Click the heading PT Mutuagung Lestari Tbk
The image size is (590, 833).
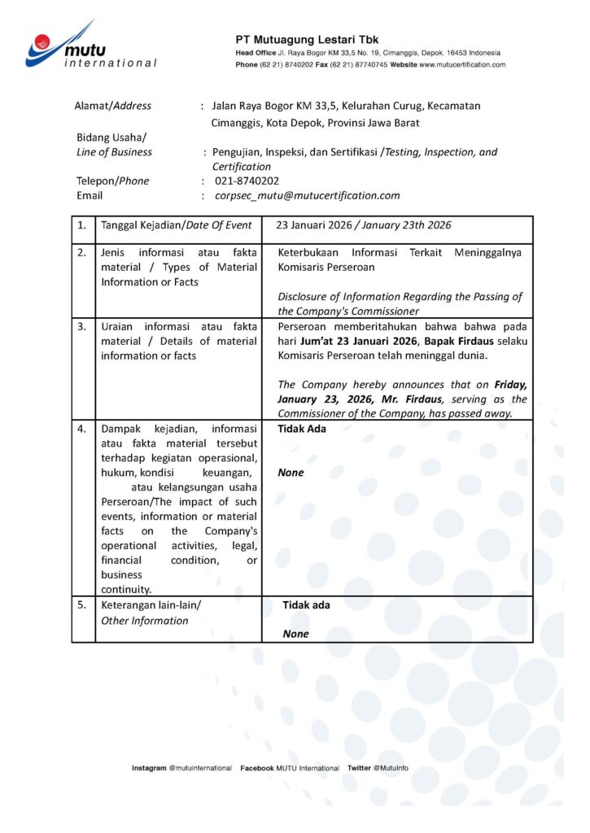pyautogui.click(x=307, y=39)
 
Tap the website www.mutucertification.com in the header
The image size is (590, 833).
pyautogui.click(x=462, y=64)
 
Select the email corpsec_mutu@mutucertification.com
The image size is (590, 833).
pyautogui.click(x=308, y=195)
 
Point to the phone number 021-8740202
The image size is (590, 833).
pyautogui.click(x=247, y=181)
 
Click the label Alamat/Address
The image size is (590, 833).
pyautogui.click(x=113, y=106)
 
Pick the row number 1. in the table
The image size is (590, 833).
pyautogui.click(x=81, y=225)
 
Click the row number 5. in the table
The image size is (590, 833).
pyautogui.click(x=81, y=605)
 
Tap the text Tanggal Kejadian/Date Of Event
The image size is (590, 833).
pyautogui.click(x=176, y=225)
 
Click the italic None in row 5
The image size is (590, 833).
pyautogui.click(x=296, y=634)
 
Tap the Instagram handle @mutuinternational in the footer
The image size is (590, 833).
pyautogui.click(x=200, y=768)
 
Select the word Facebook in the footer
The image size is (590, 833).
pyautogui.click(x=256, y=768)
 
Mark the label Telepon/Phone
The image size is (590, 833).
pyautogui.click(x=113, y=181)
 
